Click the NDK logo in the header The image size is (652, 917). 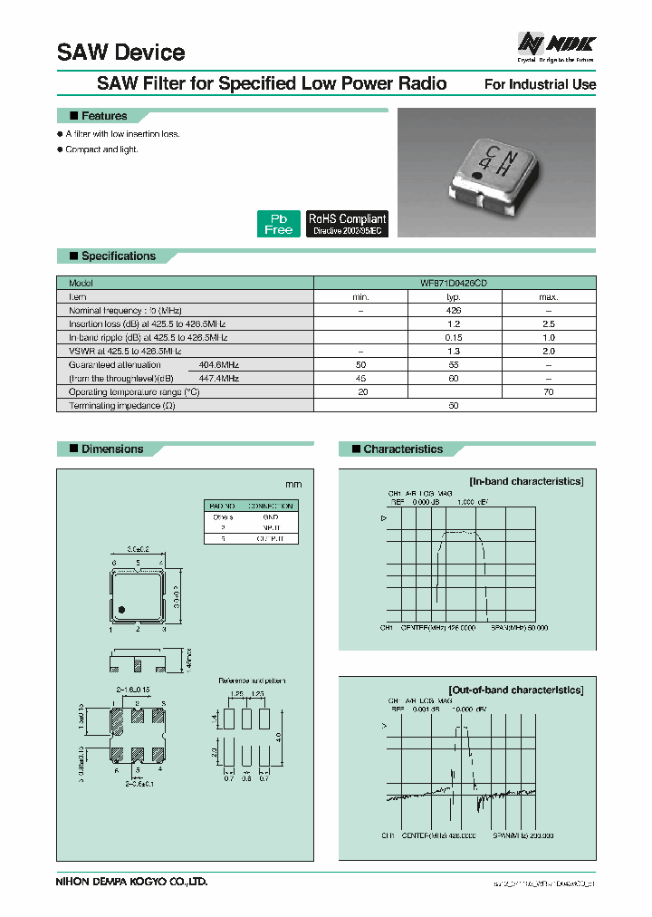556,43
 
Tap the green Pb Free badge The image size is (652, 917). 278,224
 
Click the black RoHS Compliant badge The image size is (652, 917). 347,224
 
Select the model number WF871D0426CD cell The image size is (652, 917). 455,283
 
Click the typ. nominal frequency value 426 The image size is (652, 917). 455,310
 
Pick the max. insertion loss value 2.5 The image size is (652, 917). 549,323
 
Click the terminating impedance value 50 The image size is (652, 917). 455,405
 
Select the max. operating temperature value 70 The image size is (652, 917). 549,391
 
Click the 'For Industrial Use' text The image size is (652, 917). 540,84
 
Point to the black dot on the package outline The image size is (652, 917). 120,607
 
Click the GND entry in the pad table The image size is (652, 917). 272,516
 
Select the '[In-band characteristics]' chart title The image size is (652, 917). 526,481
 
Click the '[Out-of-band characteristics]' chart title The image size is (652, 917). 516,690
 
